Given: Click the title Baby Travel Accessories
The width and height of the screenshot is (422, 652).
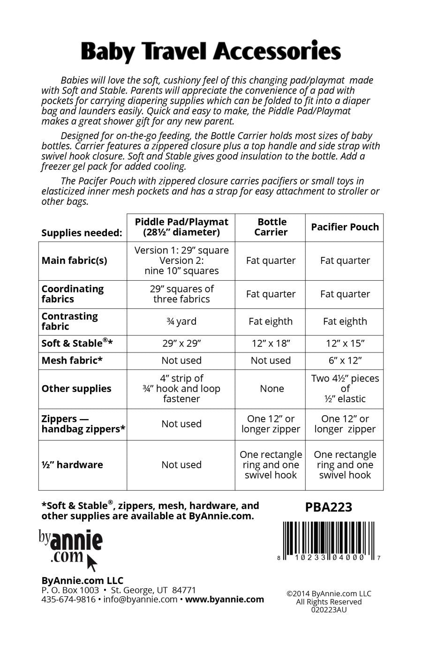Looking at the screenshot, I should [211, 52].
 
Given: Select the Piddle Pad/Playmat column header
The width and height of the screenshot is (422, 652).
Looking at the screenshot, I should [181, 227].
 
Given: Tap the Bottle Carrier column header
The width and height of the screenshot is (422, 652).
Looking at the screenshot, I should [271, 227].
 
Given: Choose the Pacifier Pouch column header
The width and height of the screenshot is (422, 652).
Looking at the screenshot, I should [345, 227].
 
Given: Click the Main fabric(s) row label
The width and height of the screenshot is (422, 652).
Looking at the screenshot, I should [74, 261].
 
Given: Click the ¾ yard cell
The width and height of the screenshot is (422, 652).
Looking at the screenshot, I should [181, 321].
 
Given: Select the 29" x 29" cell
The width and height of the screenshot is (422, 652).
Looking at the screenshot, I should [181, 343].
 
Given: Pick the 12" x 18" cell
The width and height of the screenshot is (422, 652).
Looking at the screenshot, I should [271, 343].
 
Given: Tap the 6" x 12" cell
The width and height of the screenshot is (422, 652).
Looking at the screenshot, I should [345, 360].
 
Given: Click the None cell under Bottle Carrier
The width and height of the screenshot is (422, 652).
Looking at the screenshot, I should [272, 389].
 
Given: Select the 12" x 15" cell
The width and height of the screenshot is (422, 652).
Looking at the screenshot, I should [345, 343].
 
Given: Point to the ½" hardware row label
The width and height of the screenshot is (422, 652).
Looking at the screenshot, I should [72, 465].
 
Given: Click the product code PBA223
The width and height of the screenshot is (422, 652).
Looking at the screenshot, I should [328, 507].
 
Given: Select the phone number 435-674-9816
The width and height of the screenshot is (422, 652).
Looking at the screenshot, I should [68, 599].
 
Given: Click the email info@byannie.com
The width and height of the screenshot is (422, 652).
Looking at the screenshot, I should [140, 599].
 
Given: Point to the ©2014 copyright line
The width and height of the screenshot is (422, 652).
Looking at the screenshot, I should [329, 593].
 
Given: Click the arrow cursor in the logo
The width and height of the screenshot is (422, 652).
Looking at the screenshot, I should [92, 562].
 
